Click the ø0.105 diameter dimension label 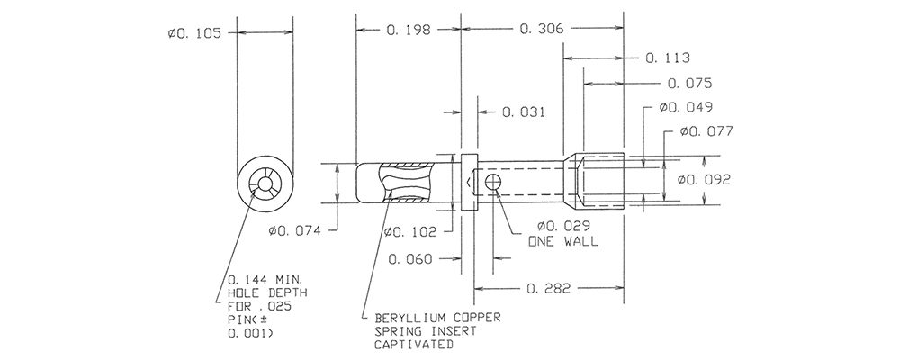coord(194,33)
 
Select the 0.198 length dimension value coord(409,30)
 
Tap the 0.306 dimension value coord(542,28)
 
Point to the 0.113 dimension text coord(668,58)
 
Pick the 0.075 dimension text coord(690,84)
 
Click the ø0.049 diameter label coord(686,107)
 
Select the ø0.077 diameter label coord(706,131)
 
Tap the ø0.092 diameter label coord(704,180)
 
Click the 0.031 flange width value coord(524,112)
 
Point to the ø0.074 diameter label coord(294,231)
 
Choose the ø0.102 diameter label coord(409,232)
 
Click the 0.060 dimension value coord(410,259)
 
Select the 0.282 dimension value coord(549,288)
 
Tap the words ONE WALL coord(563,242)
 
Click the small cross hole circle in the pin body coord(493,183)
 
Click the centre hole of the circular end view coord(265,184)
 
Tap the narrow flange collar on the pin coord(470,182)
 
